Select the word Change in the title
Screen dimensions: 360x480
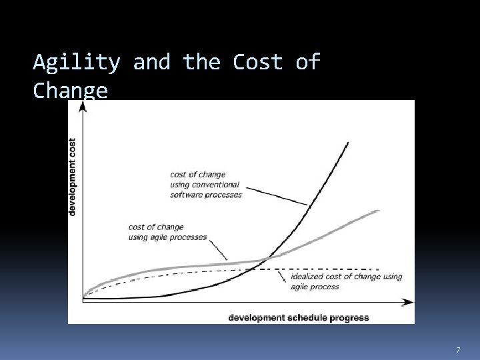point(70,91)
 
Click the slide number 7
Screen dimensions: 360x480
point(458,350)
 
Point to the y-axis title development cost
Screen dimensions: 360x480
point(72,177)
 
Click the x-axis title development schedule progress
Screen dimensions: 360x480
point(298,317)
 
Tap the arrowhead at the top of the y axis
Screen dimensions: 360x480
point(83,107)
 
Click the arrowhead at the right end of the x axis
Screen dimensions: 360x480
point(407,302)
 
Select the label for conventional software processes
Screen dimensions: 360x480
point(205,185)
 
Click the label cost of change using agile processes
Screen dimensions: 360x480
point(167,232)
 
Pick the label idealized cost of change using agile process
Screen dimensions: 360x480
point(346,281)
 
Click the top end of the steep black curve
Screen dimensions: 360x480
point(348,142)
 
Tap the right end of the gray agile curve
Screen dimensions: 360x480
point(378,211)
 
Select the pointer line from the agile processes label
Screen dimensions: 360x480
point(217,249)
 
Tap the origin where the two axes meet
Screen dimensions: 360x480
point(83,302)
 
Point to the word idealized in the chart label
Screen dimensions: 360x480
point(306,277)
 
